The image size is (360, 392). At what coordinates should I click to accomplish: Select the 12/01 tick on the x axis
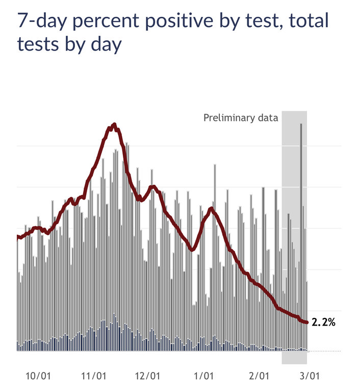tap(148, 376)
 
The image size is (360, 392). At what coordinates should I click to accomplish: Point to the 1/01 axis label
tap(203, 376)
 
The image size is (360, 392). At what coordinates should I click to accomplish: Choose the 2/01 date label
tap(259, 376)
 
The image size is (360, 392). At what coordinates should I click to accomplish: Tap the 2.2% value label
tap(323, 322)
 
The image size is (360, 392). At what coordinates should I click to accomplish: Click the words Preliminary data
tap(241, 118)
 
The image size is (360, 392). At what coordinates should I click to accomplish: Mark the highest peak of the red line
tap(114, 125)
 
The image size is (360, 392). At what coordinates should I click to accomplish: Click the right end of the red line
tap(306, 322)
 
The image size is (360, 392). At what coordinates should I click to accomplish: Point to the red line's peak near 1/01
tap(211, 208)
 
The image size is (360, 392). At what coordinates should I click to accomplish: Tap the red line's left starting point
tap(18, 236)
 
